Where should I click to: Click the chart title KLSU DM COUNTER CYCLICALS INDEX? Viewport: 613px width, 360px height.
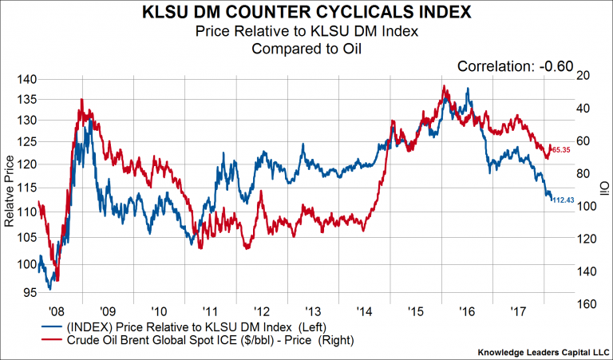[x=307, y=14]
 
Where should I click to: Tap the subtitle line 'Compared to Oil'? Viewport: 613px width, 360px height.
[x=307, y=49]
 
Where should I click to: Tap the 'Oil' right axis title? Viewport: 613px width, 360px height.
[x=604, y=188]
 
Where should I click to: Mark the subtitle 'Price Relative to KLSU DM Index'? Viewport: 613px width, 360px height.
[x=307, y=32]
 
